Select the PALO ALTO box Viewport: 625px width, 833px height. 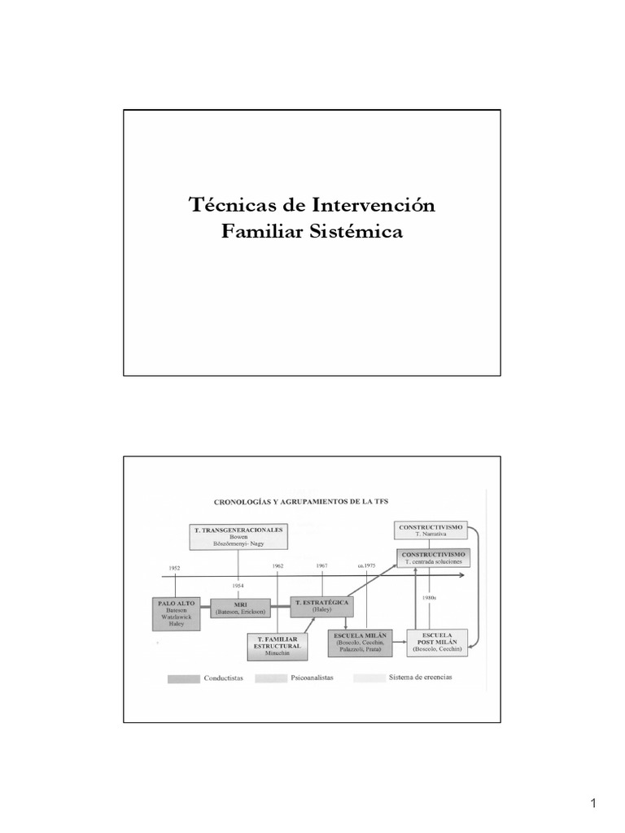pyautogui.click(x=174, y=613)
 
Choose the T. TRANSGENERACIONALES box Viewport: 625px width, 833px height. pyautogui.click(x=238, y=536)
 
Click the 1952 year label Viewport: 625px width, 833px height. pyautogui.click(x=175, y=567)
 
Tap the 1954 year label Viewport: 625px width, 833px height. pyautogui.click(x=238, y=585)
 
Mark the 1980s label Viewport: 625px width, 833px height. pyautogui.click(x=431, y=598)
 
